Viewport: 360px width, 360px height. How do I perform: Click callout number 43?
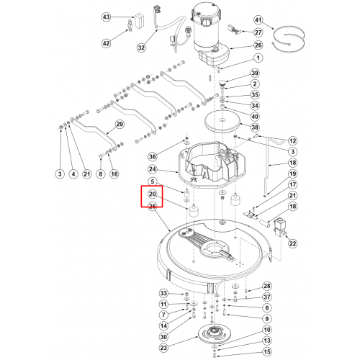pos(106,17)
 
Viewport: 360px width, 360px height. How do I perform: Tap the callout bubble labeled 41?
pos(258,19)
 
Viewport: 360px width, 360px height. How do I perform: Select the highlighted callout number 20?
pos(152,194)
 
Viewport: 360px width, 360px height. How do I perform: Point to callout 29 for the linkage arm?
pos(120,124)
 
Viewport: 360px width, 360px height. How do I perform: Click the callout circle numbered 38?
pos(255,127)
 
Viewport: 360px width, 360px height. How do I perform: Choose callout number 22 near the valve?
pos(292,243)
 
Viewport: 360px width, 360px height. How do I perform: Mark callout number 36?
pos(152,156)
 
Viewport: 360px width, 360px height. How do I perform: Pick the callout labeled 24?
pos(152,169)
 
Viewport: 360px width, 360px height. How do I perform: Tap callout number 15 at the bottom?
pos(267,351)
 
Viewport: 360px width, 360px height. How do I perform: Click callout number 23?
pos(163,348)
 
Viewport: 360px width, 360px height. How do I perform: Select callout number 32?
pos(141,48)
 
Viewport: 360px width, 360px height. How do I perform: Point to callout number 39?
pos(255,73)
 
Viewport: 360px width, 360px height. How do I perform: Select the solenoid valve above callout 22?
pos(280,227)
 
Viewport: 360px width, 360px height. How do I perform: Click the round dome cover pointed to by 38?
pos(222,121)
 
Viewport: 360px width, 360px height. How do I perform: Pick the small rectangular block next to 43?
pos(140,20)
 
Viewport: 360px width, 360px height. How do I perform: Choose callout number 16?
pos(114,174)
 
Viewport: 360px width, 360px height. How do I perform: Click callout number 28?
pos(267,286)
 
